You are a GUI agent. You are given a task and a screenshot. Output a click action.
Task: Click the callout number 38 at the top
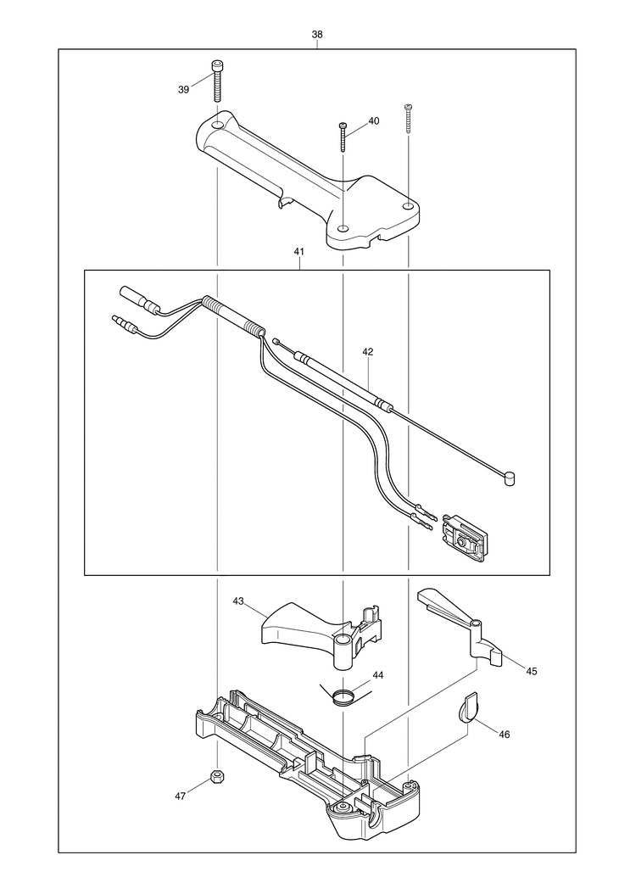[x=317, y=34]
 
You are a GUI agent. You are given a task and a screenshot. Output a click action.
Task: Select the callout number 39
[x=183, y=90]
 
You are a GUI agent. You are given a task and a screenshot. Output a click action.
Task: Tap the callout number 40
[x=374, y=120]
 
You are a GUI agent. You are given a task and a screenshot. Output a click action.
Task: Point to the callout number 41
[x=298, y=253]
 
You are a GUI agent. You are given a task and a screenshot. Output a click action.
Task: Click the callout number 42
[x=367, y=351]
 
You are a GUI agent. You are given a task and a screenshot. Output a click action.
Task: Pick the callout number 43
[x=238, y=601]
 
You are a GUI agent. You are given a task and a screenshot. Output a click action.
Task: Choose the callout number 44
[x=378, y=674]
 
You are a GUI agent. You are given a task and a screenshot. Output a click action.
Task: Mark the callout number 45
[x=532, y=671]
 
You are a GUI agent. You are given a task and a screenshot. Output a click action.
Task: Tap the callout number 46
[x=505, y=735]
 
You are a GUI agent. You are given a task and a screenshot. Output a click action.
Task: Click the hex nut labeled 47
[x=216, y=776]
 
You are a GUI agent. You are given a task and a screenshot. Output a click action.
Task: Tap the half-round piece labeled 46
[x=468, y=707]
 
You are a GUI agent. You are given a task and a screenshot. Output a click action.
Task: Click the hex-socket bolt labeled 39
[x=218, y=81]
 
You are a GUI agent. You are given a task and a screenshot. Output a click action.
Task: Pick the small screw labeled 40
[x=342, y=137]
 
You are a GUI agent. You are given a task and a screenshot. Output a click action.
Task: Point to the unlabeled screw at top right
[x=408, y=118]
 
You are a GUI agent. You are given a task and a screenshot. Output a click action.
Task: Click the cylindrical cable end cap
[x=508, y=478]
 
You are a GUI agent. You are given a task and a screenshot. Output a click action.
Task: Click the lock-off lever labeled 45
[x=460, y=626]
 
